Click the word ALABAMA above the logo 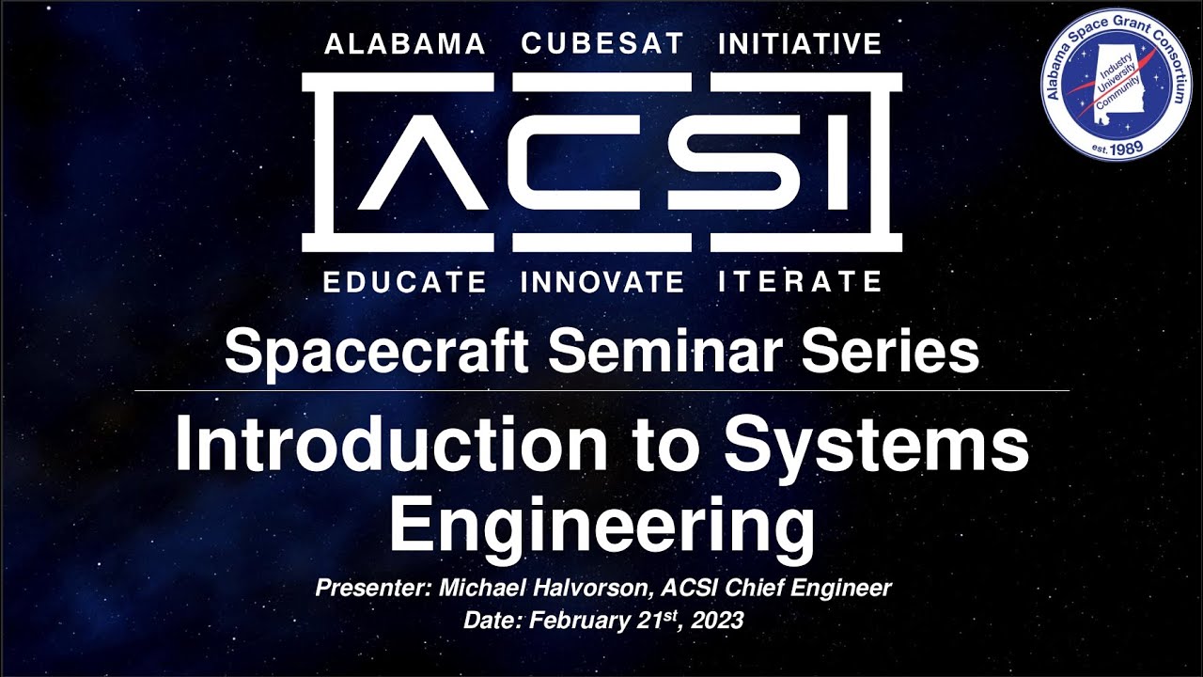coord(404,44)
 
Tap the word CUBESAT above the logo coord(601,44)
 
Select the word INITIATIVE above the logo coord(800,44)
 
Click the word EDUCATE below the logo coord(405,281)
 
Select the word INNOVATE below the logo coord(602,281)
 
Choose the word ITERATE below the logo coord(800,281)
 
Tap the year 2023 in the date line coord(719,621)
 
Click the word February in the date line coord(577,621)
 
